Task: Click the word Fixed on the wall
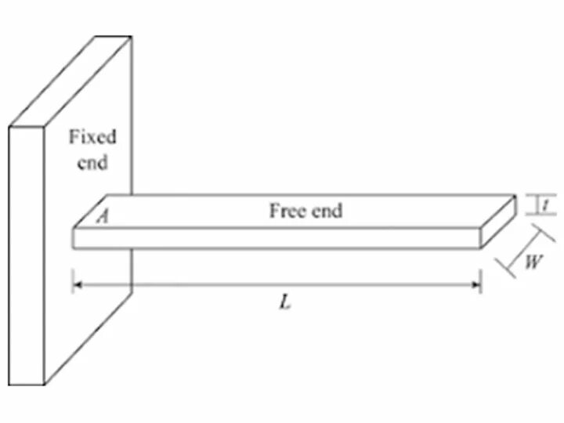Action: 92,138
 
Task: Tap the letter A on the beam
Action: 101,217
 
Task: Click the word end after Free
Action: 327,211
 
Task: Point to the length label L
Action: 285,303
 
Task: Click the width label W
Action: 532,262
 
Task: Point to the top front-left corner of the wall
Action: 9,127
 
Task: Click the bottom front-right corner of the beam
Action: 480,248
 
